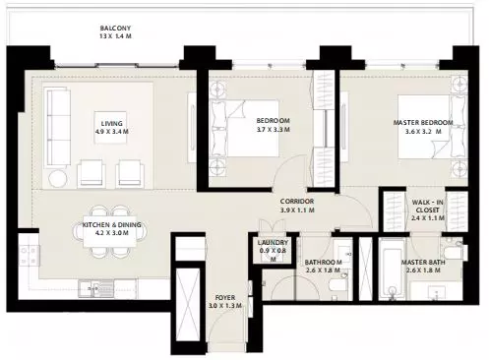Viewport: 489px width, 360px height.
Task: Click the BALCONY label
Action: click(115, 29)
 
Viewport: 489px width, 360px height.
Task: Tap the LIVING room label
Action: click(112, 124)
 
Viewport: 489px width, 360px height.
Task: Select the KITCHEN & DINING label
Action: click(112, 225)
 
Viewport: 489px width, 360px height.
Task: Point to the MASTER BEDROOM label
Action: click(423, 123)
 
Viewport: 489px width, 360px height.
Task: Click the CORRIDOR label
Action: click(297, 202)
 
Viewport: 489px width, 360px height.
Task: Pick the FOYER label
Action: click(225, 298)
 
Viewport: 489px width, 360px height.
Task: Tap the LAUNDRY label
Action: click(273, 243)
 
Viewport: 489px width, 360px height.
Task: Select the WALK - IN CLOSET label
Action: click(427, 206)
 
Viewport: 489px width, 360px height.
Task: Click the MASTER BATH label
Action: click(423, 263)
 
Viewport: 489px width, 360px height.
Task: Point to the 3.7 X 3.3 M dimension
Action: click(274, 130)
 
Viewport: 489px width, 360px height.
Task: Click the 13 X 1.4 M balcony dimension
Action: click(115, 36)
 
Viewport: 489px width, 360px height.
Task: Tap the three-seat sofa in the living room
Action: click(59, 127)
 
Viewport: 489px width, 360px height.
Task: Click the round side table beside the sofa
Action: click(58, 179)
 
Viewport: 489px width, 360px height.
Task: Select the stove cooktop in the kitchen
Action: click(29, 256)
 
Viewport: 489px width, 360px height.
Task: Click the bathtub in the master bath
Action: click(393, 270)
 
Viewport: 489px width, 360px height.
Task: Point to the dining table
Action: click(110, 231)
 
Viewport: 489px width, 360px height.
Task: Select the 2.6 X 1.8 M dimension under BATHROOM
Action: click(323, 270)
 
